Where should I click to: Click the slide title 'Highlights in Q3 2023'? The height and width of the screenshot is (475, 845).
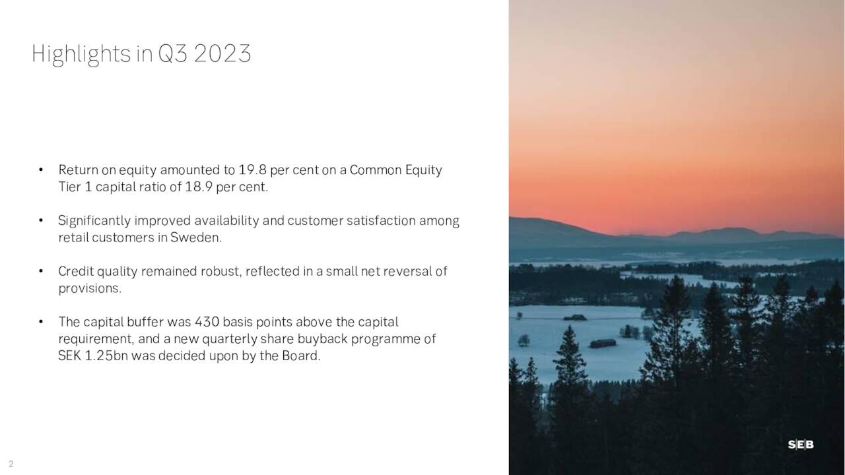click(x=141, y=53)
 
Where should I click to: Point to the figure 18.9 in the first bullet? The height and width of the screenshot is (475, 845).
click(x=199, y=187)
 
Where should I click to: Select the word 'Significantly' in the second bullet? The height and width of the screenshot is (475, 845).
click(x=94, y=221)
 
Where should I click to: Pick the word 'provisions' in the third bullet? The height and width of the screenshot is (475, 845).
click(x=88, y=288)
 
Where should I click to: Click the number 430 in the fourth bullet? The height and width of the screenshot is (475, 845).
click(x=207, y=322)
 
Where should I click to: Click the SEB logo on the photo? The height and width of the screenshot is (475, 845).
click(x=800, y=445)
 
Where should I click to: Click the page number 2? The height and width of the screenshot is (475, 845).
click(x=11, y=464)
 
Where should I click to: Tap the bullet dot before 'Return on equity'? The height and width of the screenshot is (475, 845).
click(x=41, y=170)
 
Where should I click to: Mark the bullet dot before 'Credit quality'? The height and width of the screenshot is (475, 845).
click(x=41, y=271)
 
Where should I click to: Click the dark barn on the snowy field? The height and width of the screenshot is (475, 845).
click(x=603, y=343)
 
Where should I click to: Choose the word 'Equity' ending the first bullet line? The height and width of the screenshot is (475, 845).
click(x=423, y=170)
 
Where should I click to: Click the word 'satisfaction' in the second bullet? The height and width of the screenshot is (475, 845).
click(x=380, y=221)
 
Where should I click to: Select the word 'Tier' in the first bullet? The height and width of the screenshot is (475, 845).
click(x=69, y=187)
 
